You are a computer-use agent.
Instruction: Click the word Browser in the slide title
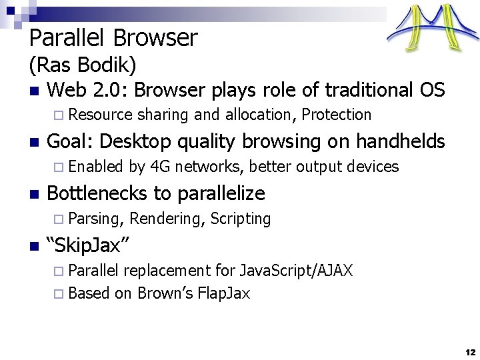coord(159,38)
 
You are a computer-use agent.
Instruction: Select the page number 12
coord(470,351)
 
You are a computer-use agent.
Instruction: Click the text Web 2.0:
coord(88,89)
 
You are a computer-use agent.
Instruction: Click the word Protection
coord(337,115)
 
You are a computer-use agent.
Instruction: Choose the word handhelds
coord(400,141)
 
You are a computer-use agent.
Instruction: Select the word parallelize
coord(221,194)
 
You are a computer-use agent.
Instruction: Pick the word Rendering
coord(167,219)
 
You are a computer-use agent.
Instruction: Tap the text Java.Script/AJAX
coord(296,271)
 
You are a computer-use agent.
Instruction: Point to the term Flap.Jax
coord(224,293)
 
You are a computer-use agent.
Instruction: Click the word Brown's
coord(165,293)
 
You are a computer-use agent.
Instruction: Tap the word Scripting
coord(241,219)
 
